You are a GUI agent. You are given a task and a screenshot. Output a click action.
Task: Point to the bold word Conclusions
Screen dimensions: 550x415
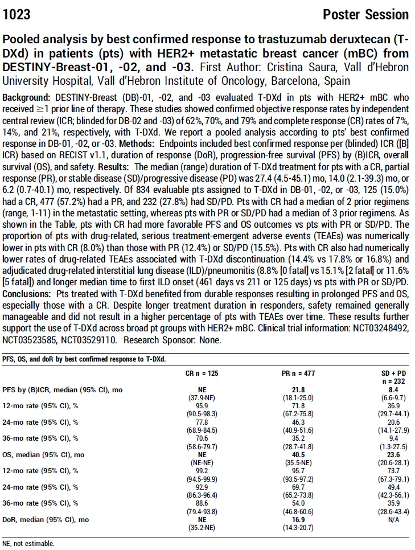(x=27, y=294)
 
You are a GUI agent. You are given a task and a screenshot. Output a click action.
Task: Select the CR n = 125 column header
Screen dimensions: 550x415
(x=202, y=373)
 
